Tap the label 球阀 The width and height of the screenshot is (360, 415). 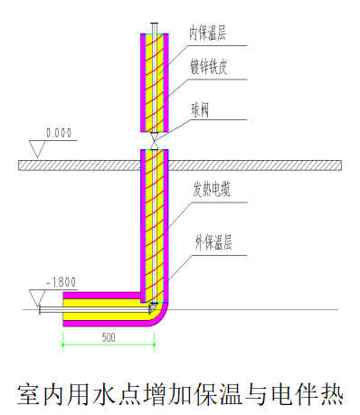(200, 108)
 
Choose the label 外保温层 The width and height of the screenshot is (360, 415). (213, 242)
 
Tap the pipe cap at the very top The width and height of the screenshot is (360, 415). (156, 29)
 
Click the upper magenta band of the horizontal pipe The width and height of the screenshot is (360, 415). (99, 296)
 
